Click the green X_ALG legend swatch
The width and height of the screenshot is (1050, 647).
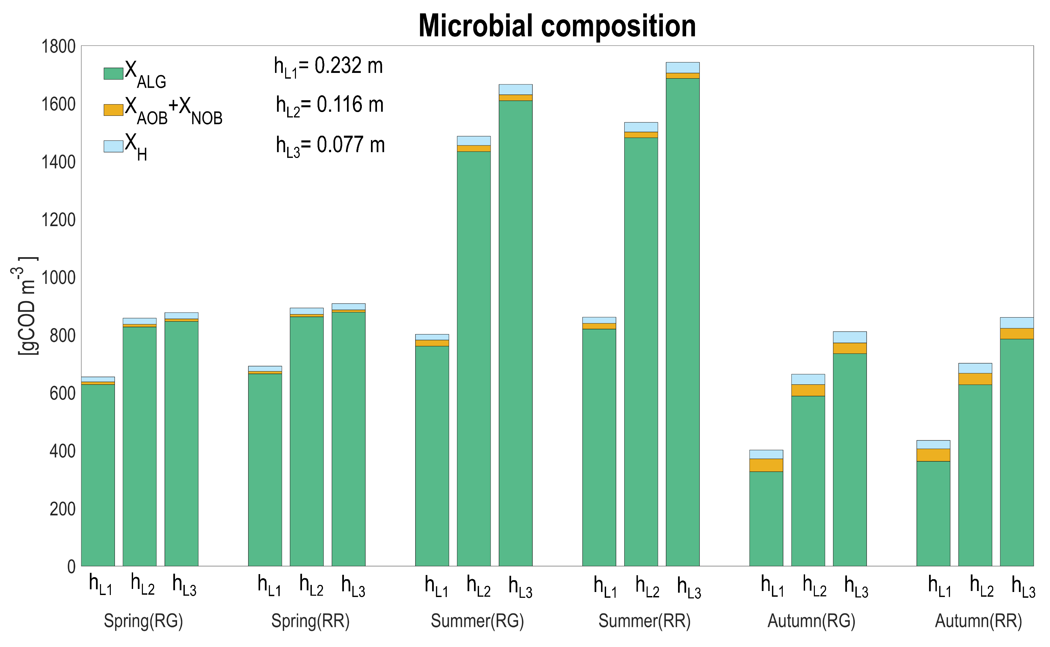[x=114, y=74]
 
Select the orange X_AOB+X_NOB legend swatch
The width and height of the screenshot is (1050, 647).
[x=114, y=110]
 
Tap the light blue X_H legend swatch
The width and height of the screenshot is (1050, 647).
[x=114, y=146]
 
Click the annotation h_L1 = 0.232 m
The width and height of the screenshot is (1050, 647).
[x=328, y=67]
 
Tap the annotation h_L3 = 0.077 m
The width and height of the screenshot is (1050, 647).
[x=330, y=145]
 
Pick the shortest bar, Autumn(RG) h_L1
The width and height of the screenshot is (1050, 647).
[x=766, y=518]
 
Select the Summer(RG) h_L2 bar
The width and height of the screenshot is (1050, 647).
[x=474, y=359]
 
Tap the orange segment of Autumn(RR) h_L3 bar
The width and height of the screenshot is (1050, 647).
[x=1017, y=334]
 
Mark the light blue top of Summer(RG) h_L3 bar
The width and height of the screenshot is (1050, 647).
[x=516, y=89]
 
